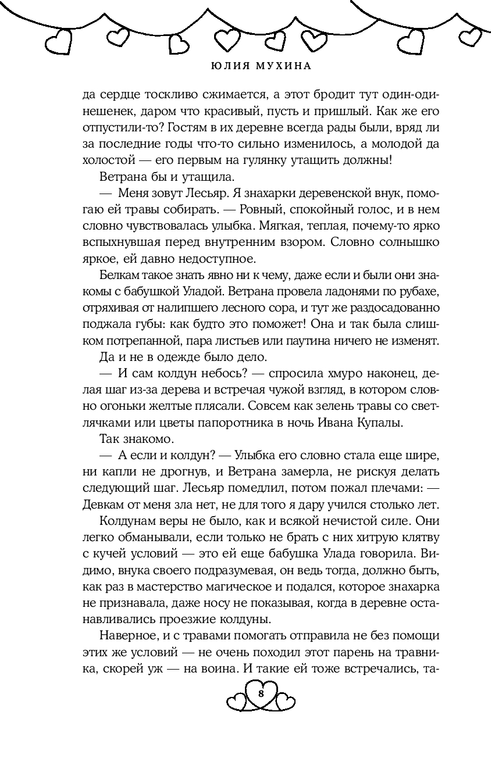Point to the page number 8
261,694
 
